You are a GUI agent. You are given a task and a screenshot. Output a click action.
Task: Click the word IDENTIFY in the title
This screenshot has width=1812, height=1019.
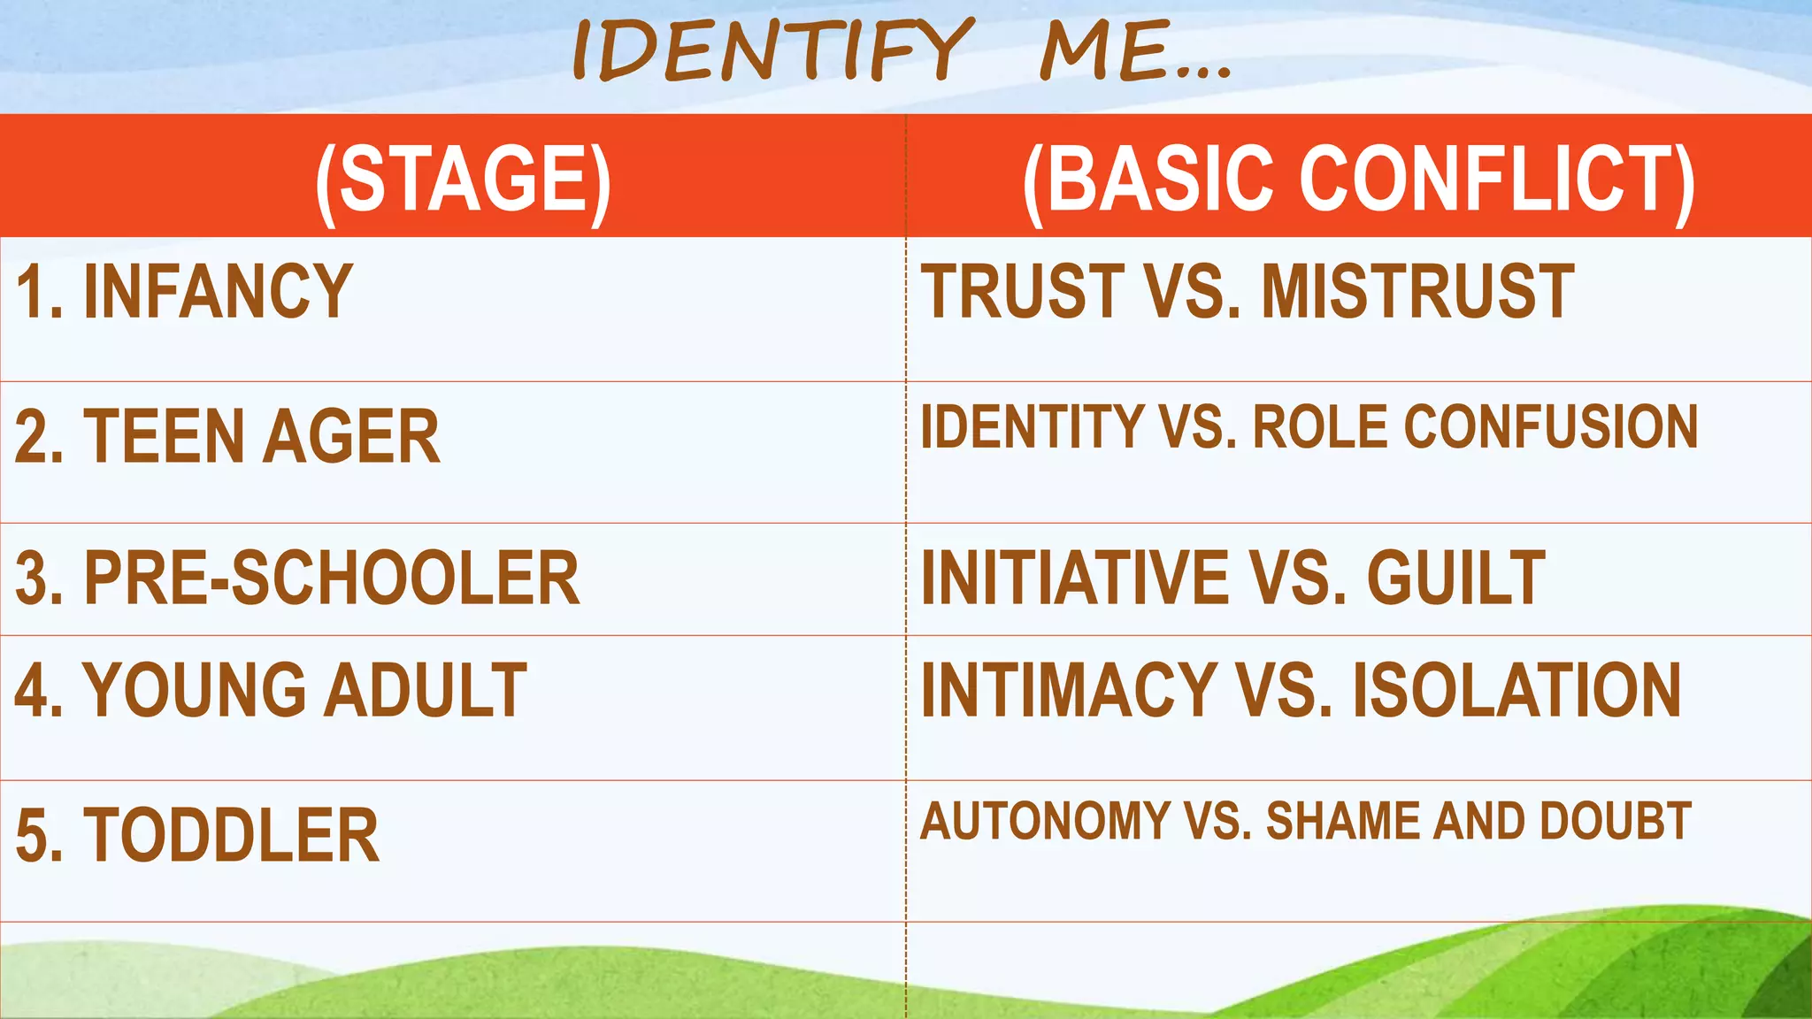tap(772, 50)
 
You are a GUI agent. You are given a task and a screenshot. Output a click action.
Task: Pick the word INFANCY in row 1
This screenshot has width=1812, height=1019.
tap(218, 292)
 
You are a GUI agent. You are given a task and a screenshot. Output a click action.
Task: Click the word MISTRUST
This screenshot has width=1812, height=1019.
tap(1417, 292)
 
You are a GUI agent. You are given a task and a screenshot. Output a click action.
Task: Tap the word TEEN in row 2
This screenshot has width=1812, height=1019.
tap(164, 436)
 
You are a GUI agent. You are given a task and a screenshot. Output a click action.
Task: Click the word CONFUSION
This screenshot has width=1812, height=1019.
tap(1550, 427)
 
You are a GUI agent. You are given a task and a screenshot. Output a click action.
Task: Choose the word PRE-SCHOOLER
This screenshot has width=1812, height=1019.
tap(332, 578)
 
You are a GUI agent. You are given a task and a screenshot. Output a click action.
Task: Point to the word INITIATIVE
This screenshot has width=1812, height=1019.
tap(1075, 578)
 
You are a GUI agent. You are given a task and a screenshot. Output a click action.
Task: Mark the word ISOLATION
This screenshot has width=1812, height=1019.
tap(1516, 691)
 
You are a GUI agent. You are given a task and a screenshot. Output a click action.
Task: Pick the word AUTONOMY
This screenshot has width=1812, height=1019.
tap(1044, 822)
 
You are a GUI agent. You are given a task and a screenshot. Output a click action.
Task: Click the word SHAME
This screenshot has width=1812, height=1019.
tap(1343, 822)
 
